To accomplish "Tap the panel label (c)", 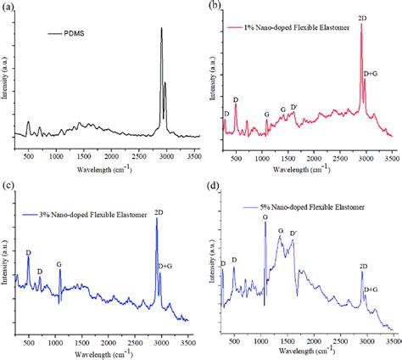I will (7, 186).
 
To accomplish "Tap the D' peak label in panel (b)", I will (293, 106).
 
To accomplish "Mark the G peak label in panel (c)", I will (59, 264).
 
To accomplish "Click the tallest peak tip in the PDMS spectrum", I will (161, 29).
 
